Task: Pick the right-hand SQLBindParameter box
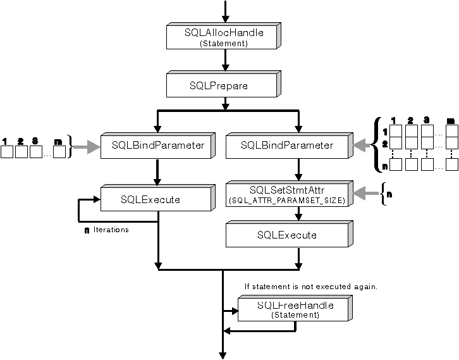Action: click(x=288, y=146)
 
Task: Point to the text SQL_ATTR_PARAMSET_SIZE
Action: click(x=286, y=201)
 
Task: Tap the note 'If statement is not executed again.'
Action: click(x=310, y=287)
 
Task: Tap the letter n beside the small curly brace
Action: click(x=389, y=194)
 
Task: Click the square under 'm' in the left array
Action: click(x=59, y=152)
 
